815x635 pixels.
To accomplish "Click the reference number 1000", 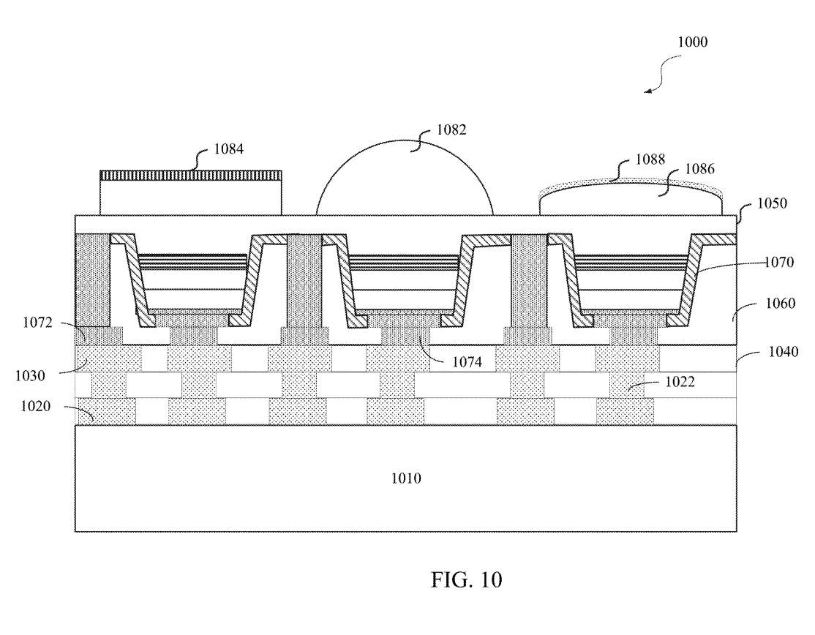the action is [x=692, y=42].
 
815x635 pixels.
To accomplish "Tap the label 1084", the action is [x=229, y=149].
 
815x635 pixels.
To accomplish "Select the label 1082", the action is [x=451, y=130].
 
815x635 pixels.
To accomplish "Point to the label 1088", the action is [x=650, y=159].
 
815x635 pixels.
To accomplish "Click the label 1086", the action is [x=699, y=169].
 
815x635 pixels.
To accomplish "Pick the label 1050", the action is [x=772, y=203].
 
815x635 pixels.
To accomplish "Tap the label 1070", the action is [x=779, y=262].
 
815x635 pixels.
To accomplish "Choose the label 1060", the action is [x=780, y=303].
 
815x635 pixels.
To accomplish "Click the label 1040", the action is [x=784, y=352].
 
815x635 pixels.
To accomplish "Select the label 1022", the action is [x=680, y=382].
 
